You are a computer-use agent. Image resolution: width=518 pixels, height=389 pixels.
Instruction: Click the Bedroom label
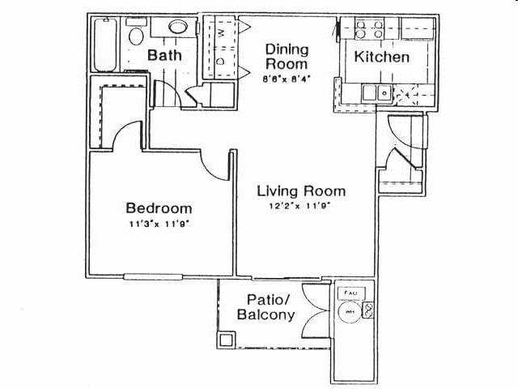pyautogui.click(x=158, y=207)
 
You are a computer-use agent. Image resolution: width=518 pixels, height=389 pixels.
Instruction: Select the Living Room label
pyautogui.click(x=301, y=191)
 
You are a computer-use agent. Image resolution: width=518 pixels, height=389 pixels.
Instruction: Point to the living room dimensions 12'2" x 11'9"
pyautogui.click(x=301, y=206)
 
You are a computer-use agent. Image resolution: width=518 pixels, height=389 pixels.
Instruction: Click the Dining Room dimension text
pyautogui.click(x=287, y=79)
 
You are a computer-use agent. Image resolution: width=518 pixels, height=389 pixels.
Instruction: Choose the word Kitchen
pyautogui.click(x=383, y=58)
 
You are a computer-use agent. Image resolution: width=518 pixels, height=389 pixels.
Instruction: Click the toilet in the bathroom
pyautogui.click(x=136, y=36)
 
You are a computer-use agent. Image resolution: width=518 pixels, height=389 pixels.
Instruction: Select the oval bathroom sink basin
pyautogui.click(x=179, y=28)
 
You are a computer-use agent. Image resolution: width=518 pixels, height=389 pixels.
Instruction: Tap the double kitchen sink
pyautogui.click(x=377, y=92)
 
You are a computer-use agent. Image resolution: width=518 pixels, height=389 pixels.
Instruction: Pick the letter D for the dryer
pyautogui.click(x=221, y=62)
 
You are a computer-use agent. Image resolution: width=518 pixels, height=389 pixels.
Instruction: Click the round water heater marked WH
pyautogui.click(x=350, y=311)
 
